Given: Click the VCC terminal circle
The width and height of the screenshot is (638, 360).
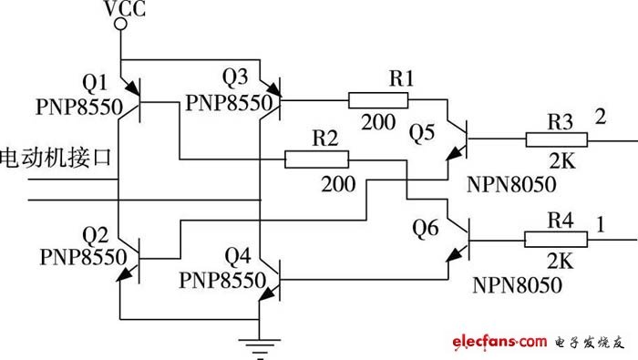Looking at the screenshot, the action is tap(120, 25).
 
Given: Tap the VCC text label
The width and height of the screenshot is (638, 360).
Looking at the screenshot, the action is tap(125, 9).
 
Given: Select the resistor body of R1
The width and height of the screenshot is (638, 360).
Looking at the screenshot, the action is tap(378, 100).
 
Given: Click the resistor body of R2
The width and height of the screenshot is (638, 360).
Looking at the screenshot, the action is tap(316, 159).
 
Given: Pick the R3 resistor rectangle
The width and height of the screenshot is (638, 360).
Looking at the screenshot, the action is tap(557, 140).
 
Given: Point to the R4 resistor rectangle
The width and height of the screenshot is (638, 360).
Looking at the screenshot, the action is tap(556, 239).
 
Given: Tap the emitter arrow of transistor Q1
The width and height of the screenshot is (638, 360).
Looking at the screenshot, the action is tap(132, 87).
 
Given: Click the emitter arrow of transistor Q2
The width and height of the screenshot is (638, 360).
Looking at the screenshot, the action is tap(125, 273).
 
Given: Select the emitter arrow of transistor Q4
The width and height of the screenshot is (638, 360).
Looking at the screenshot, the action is tap(266, 293).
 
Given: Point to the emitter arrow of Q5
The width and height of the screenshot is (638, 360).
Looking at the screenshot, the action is tap(455, 153).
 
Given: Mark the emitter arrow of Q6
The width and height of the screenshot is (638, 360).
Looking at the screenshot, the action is tap(454, 254).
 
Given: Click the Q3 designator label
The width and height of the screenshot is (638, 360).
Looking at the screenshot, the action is tap(235, 77).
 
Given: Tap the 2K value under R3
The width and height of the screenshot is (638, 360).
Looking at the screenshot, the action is tap(562, 161).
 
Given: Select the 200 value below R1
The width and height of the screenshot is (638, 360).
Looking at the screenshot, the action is tap(378, 121).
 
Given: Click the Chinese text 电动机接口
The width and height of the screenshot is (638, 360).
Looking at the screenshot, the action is tap(56, 158).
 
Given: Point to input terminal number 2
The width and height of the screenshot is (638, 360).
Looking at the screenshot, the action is tap(600, 117).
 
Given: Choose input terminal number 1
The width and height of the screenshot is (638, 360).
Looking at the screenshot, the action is tap(601, 224).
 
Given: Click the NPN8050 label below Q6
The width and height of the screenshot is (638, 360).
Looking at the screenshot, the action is tap(517, 285).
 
